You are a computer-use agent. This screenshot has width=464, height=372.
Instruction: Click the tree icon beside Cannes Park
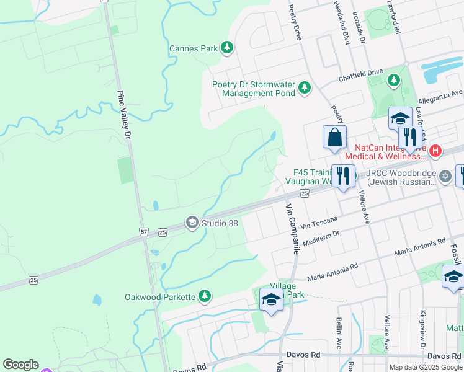coord(227,47)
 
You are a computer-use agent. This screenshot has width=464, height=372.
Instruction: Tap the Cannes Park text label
coord(194,48)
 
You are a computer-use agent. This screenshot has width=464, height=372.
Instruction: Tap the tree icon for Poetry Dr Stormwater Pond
coord(304,88)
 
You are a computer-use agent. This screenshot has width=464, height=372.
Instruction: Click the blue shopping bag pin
coord(334,137)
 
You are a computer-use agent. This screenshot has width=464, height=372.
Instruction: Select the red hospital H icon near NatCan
coord(435,151)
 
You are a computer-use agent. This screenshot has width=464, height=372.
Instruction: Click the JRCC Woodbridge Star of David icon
coord(444,177)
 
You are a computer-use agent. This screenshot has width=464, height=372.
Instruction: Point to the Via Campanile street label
coord(292,228)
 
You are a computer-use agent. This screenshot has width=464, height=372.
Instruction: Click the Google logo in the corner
coord(20,365)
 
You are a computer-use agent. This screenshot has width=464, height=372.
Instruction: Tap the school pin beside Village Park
coord(271,300)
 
